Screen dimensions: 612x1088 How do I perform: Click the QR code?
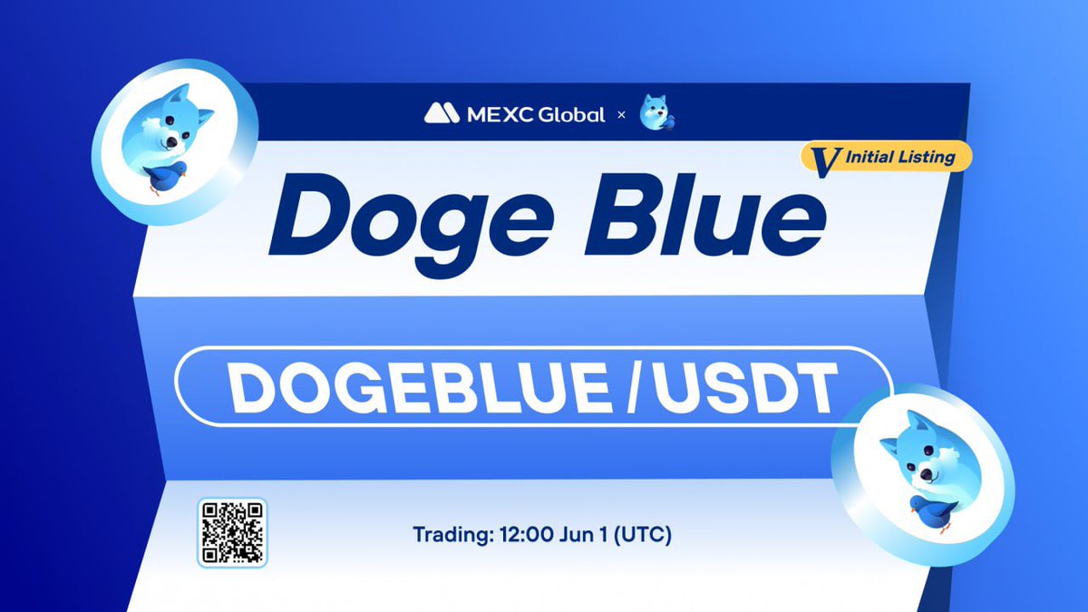(231, 533)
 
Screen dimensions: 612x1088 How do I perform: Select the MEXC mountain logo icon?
(442, 114)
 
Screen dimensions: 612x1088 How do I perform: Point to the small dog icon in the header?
(657, 112)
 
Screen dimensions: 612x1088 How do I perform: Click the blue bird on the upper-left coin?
(165, 177)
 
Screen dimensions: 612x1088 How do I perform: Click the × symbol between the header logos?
(621, 115)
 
